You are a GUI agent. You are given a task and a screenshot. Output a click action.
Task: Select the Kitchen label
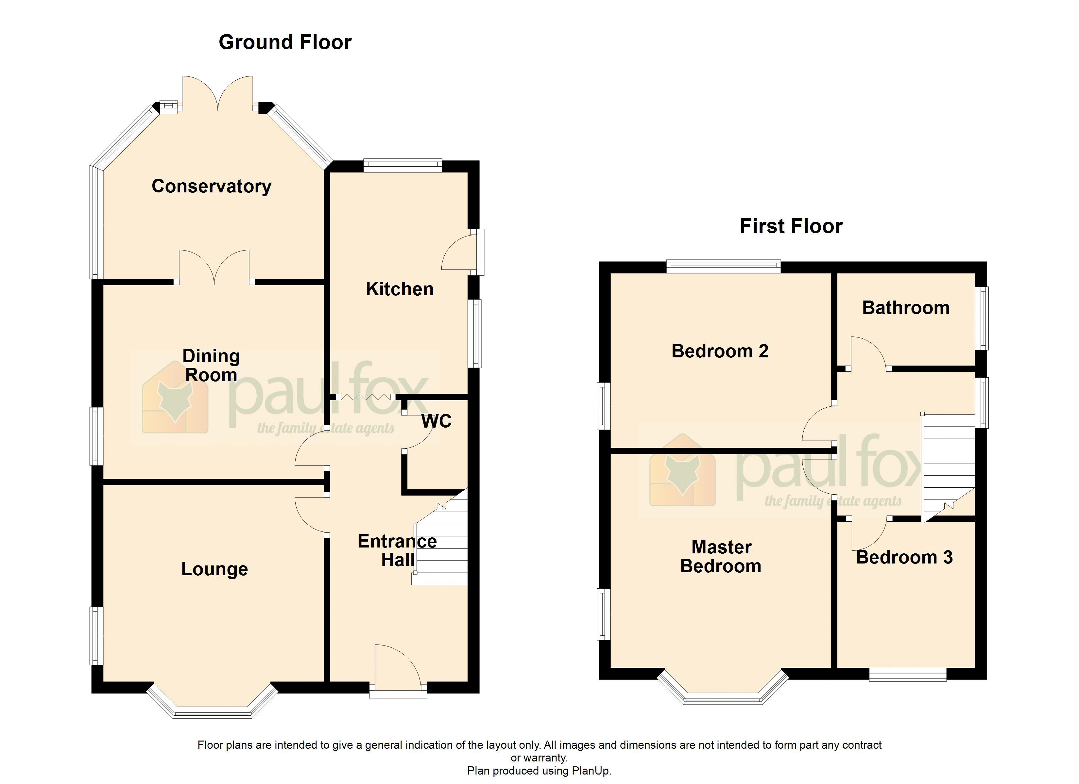tap(399, 289)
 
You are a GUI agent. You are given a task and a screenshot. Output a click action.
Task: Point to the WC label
tap(436, 421)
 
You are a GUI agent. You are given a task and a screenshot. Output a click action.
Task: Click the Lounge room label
tap(214, 569)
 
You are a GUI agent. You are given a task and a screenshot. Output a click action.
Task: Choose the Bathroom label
tap(905, 308)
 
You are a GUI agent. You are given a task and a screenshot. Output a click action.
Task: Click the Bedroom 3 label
tap(904, 557)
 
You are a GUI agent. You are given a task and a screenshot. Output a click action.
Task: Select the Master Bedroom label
tap(721, 557)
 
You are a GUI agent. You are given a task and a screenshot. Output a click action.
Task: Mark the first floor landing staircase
tap(948, 466)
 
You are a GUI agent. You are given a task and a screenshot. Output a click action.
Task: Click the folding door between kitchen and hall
tap(365, 397)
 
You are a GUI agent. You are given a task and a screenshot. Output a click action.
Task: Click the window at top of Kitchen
tap(402, 165)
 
